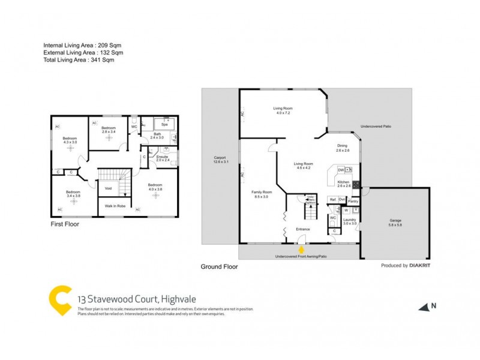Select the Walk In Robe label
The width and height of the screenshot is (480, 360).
click(115, 206)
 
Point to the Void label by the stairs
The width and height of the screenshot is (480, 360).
click(109, 188)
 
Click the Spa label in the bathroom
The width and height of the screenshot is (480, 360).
click(163, 124)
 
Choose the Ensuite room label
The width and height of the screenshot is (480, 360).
click(163, 158)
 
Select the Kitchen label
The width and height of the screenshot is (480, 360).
click(343, 182)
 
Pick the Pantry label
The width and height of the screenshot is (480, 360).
click(353, 201)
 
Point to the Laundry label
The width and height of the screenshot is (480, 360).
click(350, 220)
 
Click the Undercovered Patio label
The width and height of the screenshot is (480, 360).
click(376, 127)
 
